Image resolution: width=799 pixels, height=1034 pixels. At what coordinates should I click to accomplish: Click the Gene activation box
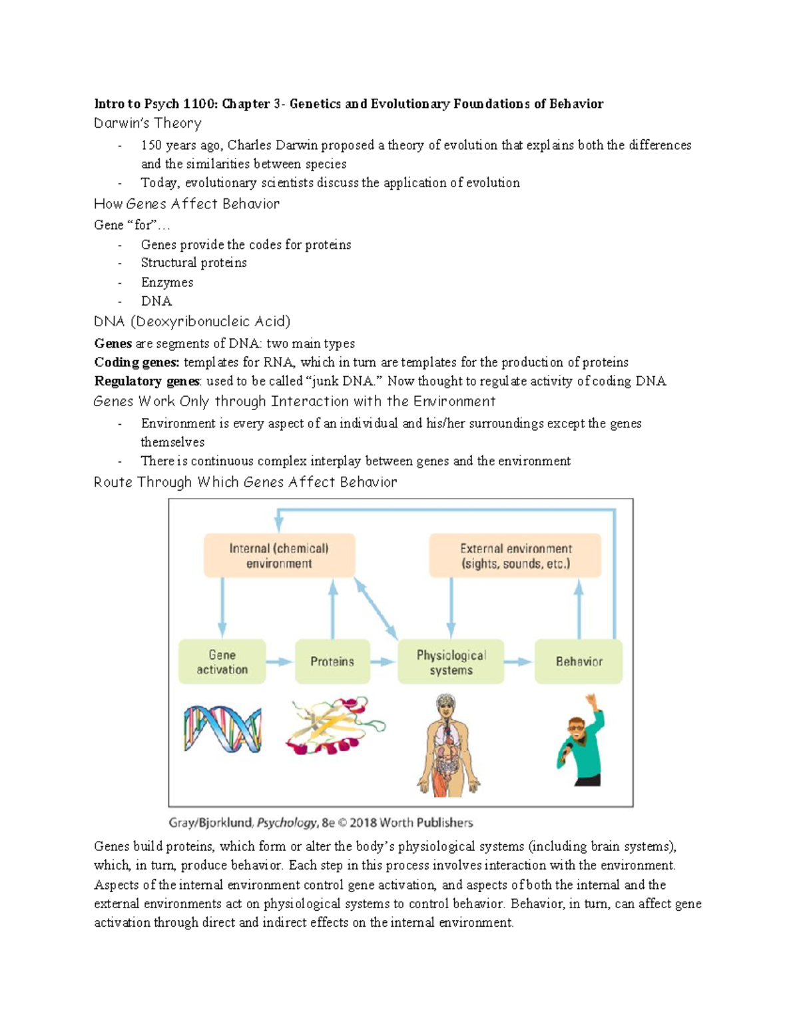tap(222, 662)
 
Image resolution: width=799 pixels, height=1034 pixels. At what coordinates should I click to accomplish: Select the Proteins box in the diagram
tap(332, 662)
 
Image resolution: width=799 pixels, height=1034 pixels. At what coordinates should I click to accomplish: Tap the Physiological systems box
tap(451, 662)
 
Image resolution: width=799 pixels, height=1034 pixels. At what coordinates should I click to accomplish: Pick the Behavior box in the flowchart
tap(578, 662)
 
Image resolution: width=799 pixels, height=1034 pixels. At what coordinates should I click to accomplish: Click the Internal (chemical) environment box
tap(279, 556)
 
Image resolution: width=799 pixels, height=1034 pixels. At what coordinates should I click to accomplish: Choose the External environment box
tap(515, 556)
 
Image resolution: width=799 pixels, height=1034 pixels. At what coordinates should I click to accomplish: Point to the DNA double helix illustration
tap(222, 730)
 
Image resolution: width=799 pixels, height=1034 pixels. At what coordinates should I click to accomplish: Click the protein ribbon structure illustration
tap(334, 726)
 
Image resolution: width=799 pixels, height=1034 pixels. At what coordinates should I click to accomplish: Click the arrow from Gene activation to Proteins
tap(280, 662)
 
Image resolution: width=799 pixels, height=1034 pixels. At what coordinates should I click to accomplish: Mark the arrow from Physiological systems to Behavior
tap(518, 662)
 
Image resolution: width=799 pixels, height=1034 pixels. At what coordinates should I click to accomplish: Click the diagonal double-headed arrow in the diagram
tap(376, 609)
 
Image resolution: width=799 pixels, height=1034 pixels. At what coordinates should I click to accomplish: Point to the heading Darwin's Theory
tap(147, 123)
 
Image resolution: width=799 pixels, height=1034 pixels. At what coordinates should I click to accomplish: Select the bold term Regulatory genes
tap(146, 381)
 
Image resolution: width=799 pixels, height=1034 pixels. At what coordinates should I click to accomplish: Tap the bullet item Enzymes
tap(166, 282)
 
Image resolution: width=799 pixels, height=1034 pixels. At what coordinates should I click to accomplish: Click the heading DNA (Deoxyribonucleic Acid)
tap(192, 322)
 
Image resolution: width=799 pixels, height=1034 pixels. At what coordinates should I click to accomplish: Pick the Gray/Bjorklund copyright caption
tap(320, 823)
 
